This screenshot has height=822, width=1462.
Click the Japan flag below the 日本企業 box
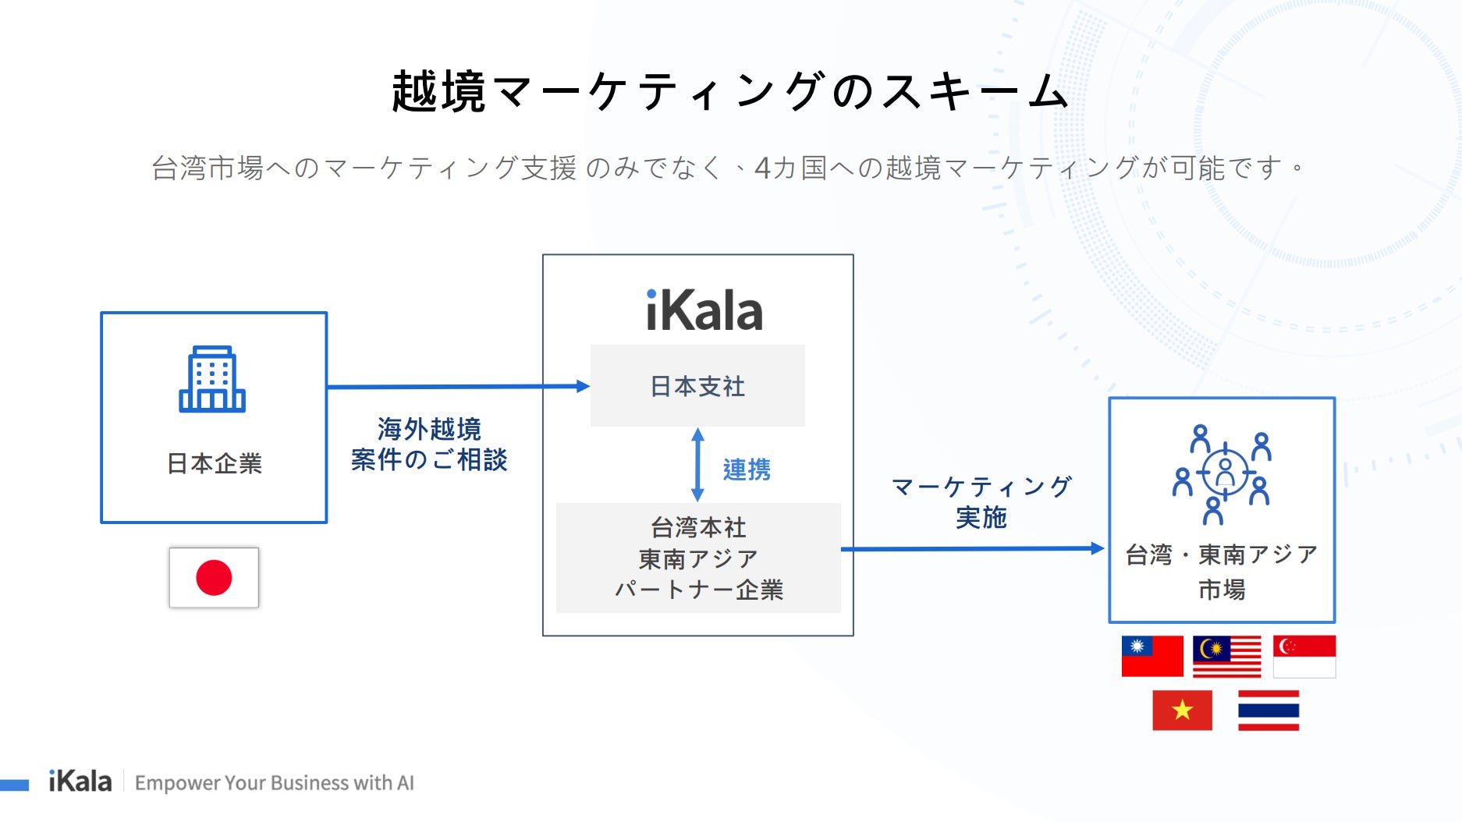click(x=214, y=578)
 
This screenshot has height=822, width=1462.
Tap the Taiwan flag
click(x=1152, y=656)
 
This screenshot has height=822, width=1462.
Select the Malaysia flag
click(x=1226, y=656)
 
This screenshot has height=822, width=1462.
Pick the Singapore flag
click(x=1304, y=656)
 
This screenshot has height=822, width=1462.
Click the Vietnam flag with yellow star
click(x=1182, y=710)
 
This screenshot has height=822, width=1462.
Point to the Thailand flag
click(x=1268, y=710)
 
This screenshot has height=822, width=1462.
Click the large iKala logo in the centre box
click(x=704, y=311)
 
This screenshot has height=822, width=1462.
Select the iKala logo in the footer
click(x=80, y=781)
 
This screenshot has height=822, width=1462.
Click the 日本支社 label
click(x=697, y=386)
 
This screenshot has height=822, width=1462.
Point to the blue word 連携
click(x=747, y=469)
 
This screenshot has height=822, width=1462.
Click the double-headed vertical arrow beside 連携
click(x=697, y=465)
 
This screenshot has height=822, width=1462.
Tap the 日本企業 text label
click(x=214, y=463)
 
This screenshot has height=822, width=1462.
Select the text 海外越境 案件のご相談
click(x=429, y=445)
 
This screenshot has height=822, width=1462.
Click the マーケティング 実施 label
click(x=981, y=501)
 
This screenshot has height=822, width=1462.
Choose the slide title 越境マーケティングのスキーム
click(x=729, y=91)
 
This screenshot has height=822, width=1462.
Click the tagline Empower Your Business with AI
click(x=275, y=782)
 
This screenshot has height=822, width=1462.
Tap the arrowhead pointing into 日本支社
click(x=582, y=386)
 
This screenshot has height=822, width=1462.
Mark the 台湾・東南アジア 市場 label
click(x=1222, y=572)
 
